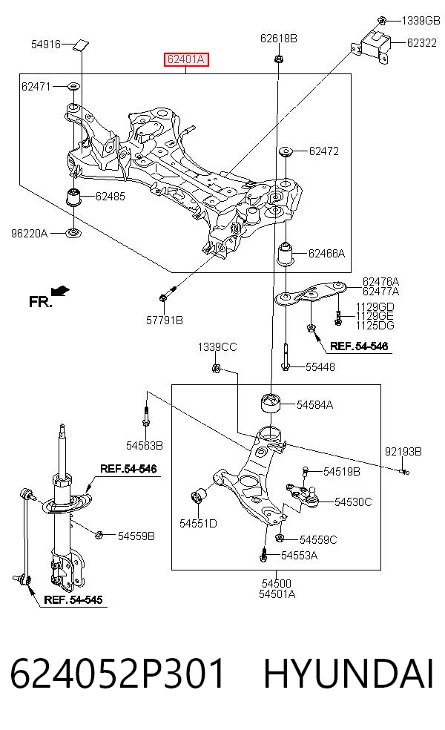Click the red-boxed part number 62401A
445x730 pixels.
185,59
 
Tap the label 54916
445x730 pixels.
46,45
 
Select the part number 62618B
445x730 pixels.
278,38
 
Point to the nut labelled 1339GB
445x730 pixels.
381,20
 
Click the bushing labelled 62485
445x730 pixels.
73,196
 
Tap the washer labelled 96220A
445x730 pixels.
73,232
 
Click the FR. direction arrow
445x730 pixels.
60,291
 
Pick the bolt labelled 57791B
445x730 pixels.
168,293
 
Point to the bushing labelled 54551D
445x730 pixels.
199,496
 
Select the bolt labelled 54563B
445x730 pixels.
146,415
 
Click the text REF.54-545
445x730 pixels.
73,599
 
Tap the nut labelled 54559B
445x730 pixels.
99,535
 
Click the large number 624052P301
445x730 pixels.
117,674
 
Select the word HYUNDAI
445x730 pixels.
349,674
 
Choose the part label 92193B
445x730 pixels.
403,451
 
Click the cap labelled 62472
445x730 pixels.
285,152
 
